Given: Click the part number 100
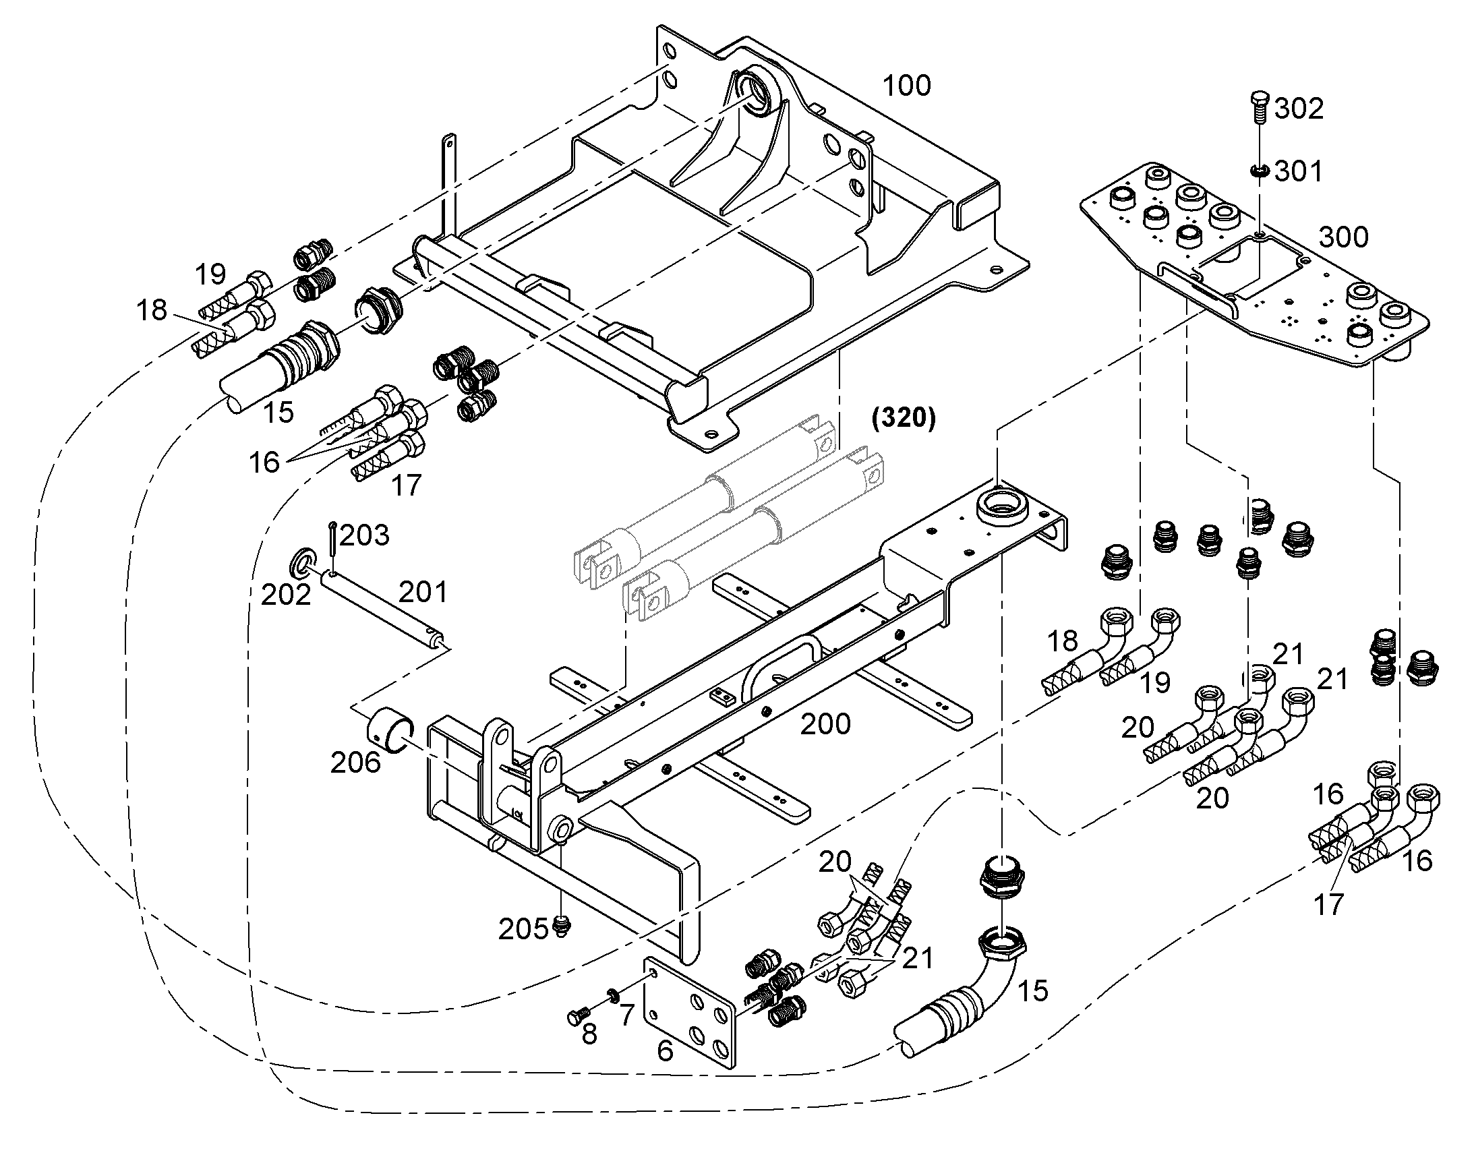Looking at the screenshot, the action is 907,86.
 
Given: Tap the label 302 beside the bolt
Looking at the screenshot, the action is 1298,108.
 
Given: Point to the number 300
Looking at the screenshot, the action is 1343,237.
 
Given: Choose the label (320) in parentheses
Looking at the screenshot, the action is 904,419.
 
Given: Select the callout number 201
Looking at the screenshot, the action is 423,593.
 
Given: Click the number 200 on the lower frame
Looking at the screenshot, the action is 825,724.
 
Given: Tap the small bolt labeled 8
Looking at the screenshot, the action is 578,1013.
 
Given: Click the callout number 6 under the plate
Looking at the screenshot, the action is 665,1051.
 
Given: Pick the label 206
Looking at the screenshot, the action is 355,763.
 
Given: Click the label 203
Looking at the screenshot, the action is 364,535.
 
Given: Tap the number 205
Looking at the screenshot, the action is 523,930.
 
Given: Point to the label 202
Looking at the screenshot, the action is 286,595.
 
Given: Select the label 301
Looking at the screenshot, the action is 1298,172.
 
